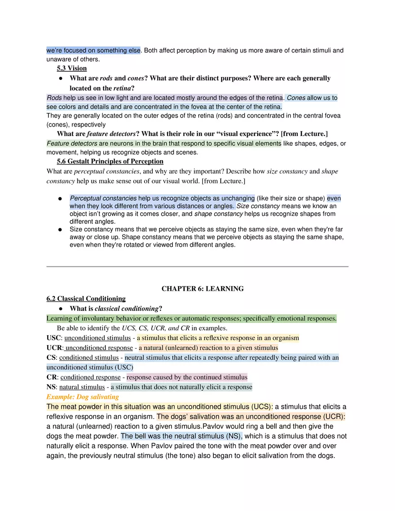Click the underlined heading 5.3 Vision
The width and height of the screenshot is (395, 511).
pyautogui.click(x=72, y=69)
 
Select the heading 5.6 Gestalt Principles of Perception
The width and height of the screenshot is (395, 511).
pyautogui.click(x=110, y=162)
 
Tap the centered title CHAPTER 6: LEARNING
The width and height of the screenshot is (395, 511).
pyautogui.click(x=202, y=289)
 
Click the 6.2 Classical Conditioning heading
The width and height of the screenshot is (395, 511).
pyautogui.click(x=86, y=299)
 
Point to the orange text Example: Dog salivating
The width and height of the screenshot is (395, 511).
pyautogui.click(x=83, y=397)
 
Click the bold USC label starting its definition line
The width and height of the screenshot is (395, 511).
pyautogui.click(x=53, y=338)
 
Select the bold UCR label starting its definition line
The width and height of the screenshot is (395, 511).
pyautogui.click(x=54, y=348)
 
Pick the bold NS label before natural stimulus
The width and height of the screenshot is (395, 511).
pyautogui.click(x=51, y=387)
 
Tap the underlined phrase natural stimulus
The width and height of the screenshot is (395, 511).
pyautogui.click(x=82, y=387)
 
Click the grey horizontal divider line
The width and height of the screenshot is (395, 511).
pyautogui.click(x=197, y=266)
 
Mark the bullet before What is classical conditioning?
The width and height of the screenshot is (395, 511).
pyautogui.click(x=61, y=309)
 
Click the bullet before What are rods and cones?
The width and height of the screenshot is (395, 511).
pyautogui.click(x=61, y=79)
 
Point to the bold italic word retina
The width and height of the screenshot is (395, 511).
pyautogui.click(x=122, y=88)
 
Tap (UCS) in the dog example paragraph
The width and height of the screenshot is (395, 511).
pyautogui.click(x=261, y=407)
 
